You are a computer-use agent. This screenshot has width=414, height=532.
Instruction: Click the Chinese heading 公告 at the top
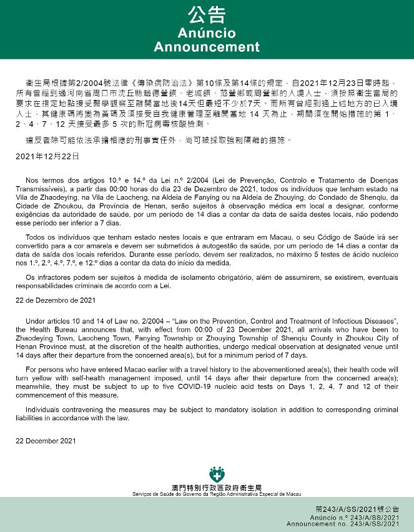(207, 16)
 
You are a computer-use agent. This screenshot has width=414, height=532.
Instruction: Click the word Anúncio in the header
(207, 32)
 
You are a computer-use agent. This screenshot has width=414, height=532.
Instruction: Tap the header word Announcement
(207, 47)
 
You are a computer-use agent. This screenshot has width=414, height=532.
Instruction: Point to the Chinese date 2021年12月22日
(47, 155)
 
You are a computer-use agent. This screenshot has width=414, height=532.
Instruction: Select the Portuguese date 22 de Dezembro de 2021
(56, 300)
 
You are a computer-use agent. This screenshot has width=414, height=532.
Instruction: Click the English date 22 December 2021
(46, 441)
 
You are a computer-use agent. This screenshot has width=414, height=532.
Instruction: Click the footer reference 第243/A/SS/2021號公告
(357, 510)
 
